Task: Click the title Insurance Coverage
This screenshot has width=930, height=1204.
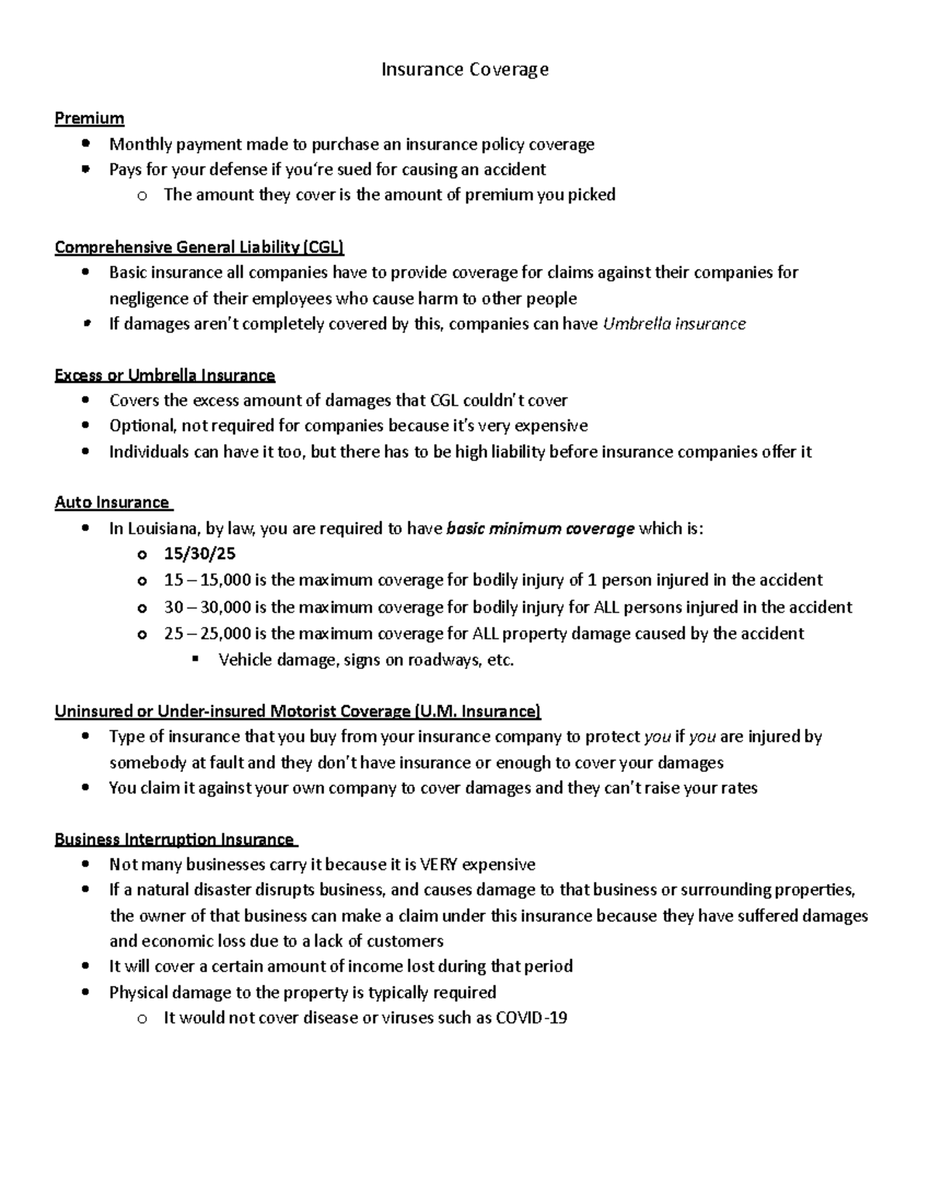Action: (x=465, y=70)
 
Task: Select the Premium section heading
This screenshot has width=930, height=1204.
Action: (x=89, y=118)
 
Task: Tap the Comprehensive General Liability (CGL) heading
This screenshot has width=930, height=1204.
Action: (x=199, y=247)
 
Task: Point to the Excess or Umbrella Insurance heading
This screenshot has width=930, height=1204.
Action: (x=164, y=375)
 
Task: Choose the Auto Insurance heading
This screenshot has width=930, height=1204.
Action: (x=112, y=502)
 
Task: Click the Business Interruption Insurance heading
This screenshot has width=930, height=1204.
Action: (x=174, y=839)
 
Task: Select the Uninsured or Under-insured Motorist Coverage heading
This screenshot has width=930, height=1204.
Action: (x=298, y=711)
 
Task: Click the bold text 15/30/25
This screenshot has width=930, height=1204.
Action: (x=200, y=554)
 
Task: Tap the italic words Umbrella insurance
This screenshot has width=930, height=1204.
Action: (x=673, y=324)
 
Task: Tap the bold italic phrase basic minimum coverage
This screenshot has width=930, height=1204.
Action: (x=541, y=529)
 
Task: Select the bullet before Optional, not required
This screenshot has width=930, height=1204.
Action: (x=85, y=426)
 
